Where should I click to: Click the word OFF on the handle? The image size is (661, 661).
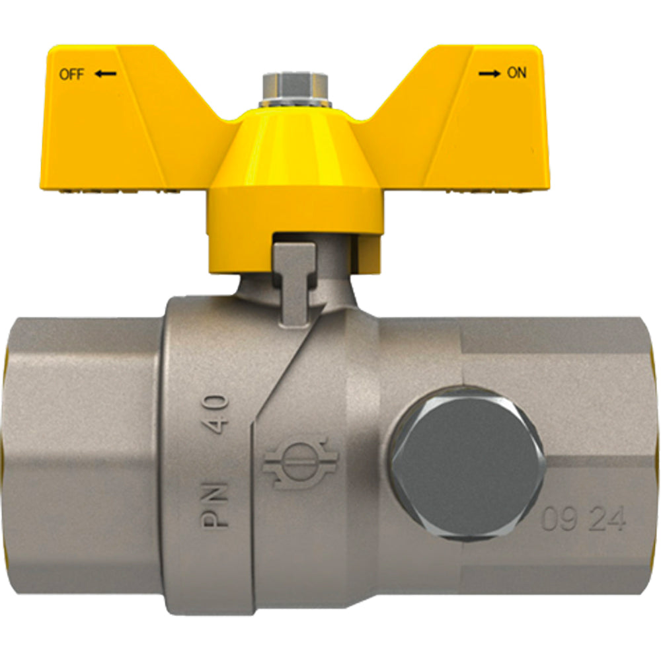71,75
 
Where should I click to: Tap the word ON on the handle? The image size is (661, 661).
516,73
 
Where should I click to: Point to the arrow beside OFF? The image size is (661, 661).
105,74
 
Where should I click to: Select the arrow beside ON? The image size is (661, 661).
489,74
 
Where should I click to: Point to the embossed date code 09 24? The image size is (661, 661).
583,519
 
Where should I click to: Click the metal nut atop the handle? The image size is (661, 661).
295,90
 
